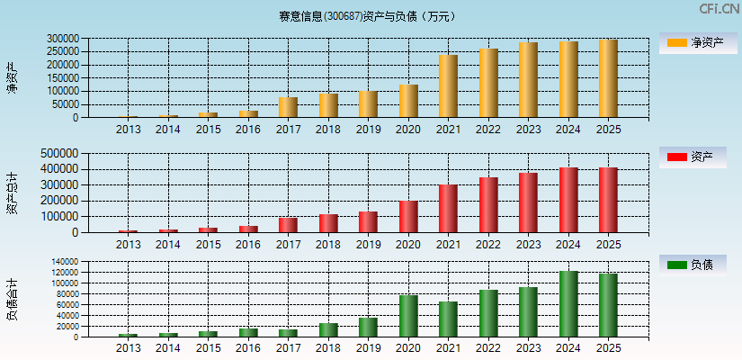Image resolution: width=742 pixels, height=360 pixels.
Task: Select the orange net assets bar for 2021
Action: click(x=448, y=86)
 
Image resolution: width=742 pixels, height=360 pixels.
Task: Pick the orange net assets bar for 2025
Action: click(x=608, y=78)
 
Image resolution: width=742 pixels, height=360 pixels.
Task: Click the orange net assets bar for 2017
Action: click(x=288, y=107)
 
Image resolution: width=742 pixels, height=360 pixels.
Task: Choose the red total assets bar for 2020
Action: click(x=408, y=217)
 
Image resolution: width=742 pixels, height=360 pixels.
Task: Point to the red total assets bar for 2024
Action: click(x=568, y=200)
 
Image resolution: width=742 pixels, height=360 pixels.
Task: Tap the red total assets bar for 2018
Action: click(x=328, y=223)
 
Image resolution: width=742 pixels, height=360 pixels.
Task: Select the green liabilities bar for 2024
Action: click(x=568, y=304)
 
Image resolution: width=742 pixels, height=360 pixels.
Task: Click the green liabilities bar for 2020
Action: click(x=408, y=316)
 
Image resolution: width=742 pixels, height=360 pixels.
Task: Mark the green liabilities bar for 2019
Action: click(x=368, y=328)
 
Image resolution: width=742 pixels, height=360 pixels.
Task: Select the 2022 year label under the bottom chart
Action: click(x=488, y=347)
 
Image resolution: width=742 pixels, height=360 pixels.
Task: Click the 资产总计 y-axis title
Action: click(x=13, y=193)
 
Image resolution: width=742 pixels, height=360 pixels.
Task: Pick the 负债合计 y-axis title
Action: click(x=13, y=300)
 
